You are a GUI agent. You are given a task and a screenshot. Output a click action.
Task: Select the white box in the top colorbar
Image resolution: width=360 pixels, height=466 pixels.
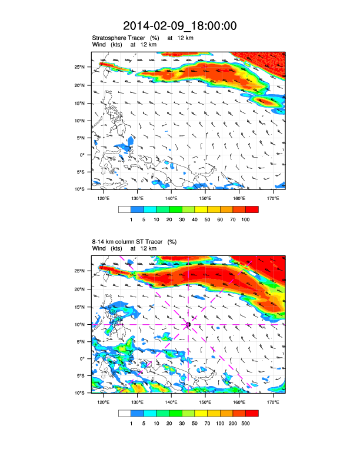point(124,209)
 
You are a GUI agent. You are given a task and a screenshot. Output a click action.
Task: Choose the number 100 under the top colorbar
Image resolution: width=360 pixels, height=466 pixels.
point(245,219)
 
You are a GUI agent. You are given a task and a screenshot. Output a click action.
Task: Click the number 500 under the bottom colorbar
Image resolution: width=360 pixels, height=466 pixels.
point(245,422)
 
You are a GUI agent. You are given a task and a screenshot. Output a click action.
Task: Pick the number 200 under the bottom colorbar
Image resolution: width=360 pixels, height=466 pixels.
point(233,422)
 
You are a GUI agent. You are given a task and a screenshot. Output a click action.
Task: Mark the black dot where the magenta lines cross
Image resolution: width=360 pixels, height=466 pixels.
point(188,324)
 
